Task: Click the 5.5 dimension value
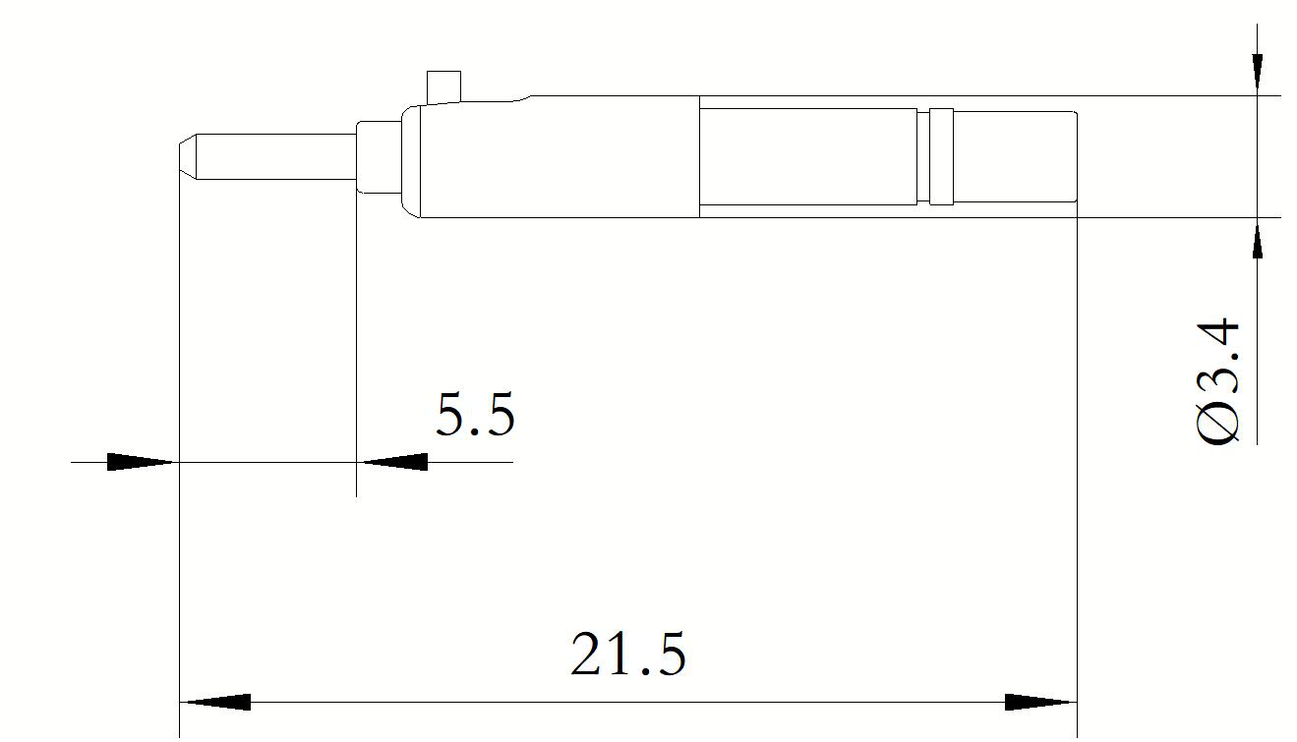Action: (475, 414)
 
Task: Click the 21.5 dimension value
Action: (628, 654)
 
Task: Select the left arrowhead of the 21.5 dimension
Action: (215, 702)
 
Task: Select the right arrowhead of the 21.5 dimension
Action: (1040, 702)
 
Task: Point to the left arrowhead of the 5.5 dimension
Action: (143, 462)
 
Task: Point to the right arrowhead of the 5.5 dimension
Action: (392, 462)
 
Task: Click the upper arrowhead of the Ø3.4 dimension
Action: (1257, 74)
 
